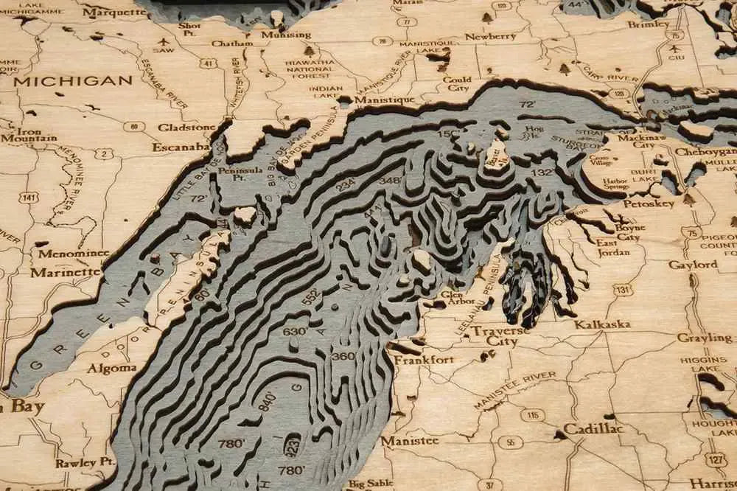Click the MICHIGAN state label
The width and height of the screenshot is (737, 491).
(x=72, y=81)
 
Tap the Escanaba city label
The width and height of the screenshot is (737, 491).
(x=181, y=147)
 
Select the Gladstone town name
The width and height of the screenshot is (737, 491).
(x=186, y=127)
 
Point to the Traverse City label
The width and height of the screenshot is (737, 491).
(x=501, y=336)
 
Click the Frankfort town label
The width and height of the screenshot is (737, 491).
(x=424, y=360)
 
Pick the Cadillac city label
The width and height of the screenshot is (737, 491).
(x=593, y=428)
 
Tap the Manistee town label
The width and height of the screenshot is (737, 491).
(x=410, y=441)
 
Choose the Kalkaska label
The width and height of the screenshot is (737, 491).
(x=602, y=324)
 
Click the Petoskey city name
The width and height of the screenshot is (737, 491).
(x=649, y=203)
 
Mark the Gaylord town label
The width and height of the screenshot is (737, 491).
(x=693, y=265)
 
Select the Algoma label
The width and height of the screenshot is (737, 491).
(x=111, y=368)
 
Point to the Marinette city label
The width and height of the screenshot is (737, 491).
(x=66, y=272)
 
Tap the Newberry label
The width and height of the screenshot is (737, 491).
(x=490, y=36)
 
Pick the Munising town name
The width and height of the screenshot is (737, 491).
(x=286, y=35)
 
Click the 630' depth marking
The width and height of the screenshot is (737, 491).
(x=296, y=331)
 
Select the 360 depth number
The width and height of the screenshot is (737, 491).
(x=343, y=356)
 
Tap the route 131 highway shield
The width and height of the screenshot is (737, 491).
(x=623, y=290)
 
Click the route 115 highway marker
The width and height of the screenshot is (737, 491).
(x=533, y=415)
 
